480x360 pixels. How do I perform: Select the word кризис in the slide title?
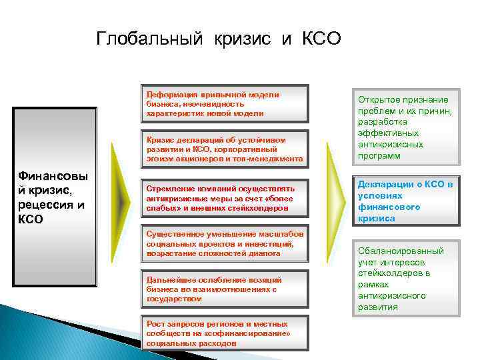[243, 39]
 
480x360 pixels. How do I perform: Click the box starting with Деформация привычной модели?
[225, 104]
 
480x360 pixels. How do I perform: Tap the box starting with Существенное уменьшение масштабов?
[225, 244]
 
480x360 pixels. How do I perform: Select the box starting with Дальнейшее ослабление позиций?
[225, 289]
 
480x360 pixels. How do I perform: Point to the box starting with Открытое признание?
[405, 125]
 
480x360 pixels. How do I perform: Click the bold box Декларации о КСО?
[405, 201]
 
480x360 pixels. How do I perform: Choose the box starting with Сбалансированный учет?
[405, 278]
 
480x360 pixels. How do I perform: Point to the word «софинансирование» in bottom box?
[260, 334]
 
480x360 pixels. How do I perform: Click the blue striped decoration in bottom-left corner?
[40, 333]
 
